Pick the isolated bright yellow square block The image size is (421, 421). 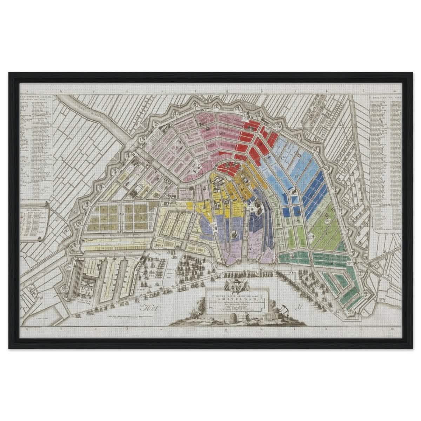(190, 205)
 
